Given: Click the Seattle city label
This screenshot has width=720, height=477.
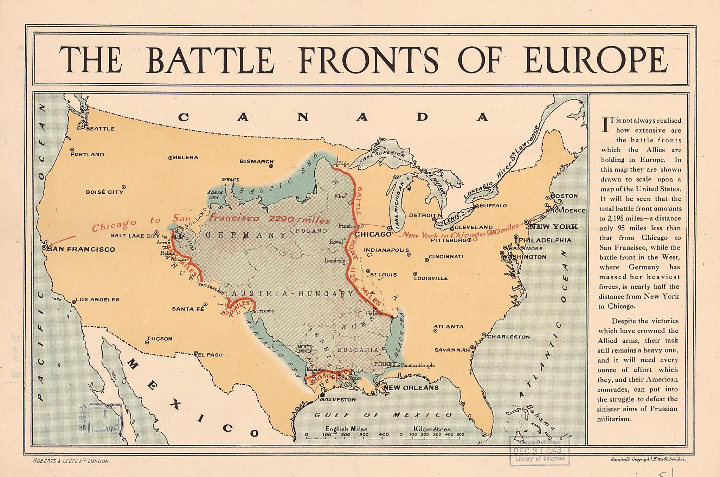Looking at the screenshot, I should tap(100, 129).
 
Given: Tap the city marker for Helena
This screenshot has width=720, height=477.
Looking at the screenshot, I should tap(170, 158).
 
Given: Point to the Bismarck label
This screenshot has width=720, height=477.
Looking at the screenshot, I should tap(256, 161).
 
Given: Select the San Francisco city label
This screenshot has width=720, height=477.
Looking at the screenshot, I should tap(81, 249).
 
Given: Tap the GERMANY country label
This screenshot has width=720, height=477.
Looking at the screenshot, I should tap(246, 235).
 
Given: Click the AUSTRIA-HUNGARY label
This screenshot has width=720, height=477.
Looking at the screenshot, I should tap(292, 294).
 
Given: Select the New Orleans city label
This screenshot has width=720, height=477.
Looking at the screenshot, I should tap(411, 388).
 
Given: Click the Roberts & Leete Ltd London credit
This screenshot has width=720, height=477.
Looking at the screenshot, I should tap(71, 461).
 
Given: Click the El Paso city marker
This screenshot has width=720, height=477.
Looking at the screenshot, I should tap(196, 353).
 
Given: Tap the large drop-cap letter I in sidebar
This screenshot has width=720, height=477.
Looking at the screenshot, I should tap(605, 125).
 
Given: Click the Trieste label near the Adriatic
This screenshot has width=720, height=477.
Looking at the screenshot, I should tap(265, 311).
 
